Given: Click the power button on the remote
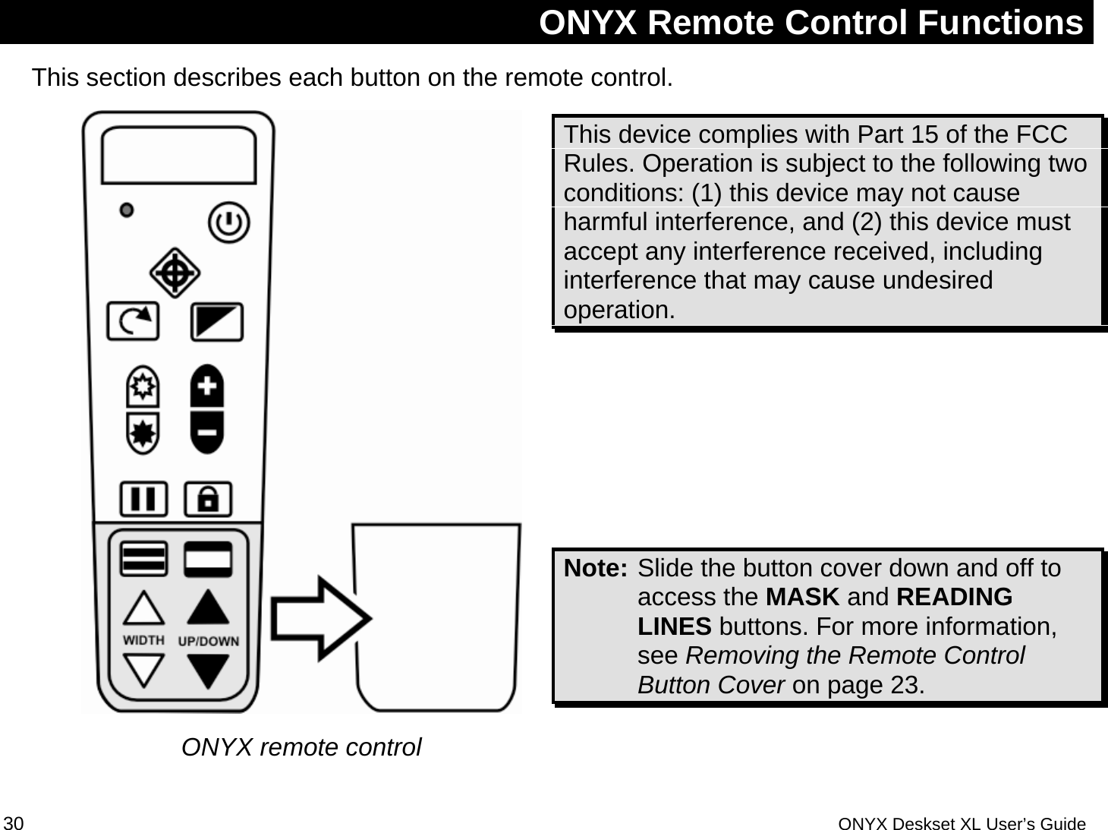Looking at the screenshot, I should (x=228, y=222).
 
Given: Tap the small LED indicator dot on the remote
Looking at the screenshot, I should (x=127, y=210).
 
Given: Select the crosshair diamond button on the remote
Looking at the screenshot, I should (x=175, y=273).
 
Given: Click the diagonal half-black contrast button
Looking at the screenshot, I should (x=216, y=322).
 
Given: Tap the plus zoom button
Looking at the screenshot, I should (x=207, y=387).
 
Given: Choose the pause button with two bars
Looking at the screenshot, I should (x=143, y=500).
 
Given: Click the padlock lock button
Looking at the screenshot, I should (x=208, y=500).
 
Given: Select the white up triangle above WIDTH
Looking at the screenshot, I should (x=143, y=609).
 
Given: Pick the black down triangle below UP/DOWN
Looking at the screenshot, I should (x=208, y=670).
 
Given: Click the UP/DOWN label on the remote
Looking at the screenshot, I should (x=208, y=641).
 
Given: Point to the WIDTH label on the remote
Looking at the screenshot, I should (x=143, y=640).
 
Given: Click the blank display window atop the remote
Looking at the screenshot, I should (x=178, y=155).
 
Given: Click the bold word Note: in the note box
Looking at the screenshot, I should (x=596, y=568).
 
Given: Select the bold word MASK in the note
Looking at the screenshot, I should (x=802, y=598).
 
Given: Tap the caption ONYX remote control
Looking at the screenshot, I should (x=301, y=747).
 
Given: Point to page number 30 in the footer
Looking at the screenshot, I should (x=14, y=824).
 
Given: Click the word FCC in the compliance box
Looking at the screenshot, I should (x=1041, y=134).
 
